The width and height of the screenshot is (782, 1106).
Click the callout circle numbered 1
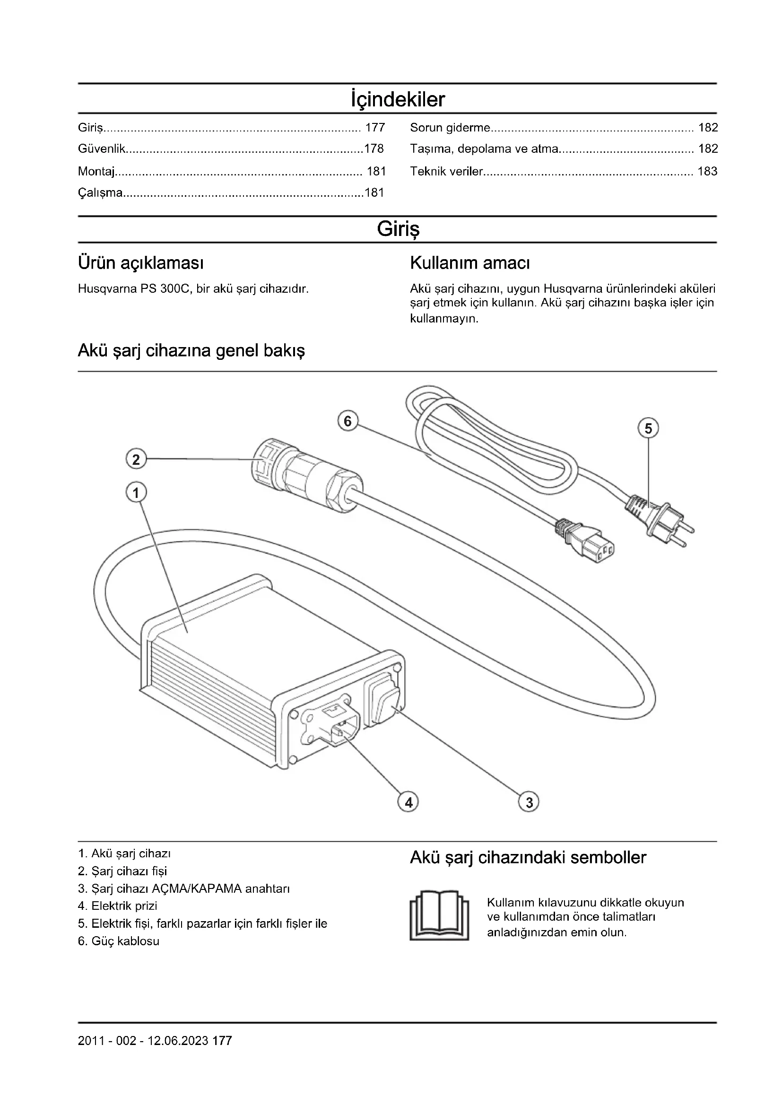coord(136,493)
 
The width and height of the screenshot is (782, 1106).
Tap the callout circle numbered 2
coord(136,459)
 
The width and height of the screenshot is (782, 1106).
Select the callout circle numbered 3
coord(529,802)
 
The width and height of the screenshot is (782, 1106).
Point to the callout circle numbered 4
coord(408,802)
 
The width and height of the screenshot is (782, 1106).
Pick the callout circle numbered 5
coord(648,428)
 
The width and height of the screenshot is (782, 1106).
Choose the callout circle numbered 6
coord(348,421)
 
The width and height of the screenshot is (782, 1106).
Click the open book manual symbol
coord(439,915)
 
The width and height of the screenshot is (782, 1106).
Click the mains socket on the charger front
coord(333,723)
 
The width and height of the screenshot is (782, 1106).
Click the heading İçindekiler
coord(398,100)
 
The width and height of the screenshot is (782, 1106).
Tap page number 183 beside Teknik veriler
coord(707,172)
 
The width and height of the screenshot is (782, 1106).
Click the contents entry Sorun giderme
coord(450,128)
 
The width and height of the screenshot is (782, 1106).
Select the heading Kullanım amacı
coord(469,263)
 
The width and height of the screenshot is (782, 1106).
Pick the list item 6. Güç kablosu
coord(119,941)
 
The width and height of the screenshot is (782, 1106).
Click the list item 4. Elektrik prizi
coord(118,906)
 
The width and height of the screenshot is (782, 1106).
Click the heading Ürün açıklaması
coord(140,263)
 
